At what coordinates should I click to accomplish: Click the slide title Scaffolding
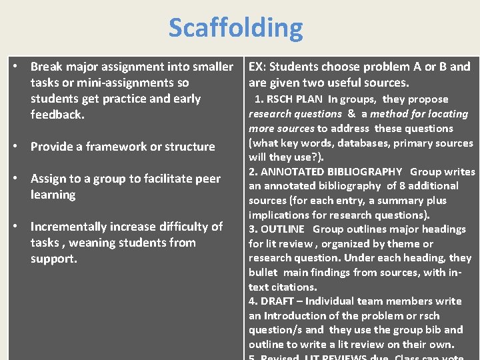[235, 28]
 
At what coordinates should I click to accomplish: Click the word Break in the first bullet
[46, 67]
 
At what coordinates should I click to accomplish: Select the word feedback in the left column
[56, 115]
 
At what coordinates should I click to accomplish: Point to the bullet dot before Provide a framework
[15, 147]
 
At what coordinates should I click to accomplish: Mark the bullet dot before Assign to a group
[15, 179]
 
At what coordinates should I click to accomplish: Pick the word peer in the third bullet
[206, 179]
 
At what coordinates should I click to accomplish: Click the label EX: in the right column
[257, 67]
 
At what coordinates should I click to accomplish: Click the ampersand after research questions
[351, 114]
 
